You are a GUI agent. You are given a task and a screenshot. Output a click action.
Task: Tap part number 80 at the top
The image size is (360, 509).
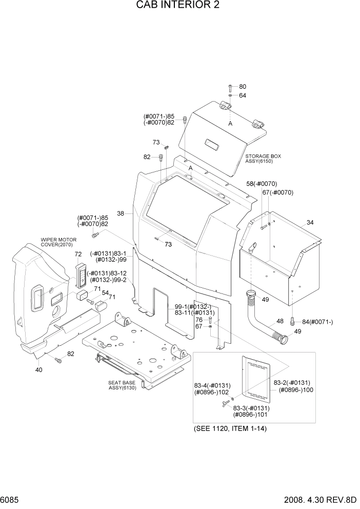coord(243,87)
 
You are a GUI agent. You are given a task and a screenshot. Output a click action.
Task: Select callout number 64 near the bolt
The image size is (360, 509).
coord(243,95)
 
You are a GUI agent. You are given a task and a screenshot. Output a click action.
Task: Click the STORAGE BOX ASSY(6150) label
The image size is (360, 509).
coord(263,159)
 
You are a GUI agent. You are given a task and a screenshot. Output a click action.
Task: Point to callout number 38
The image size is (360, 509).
coord(121,213)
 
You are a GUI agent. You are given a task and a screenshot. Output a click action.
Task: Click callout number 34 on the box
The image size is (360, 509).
coord(310,222)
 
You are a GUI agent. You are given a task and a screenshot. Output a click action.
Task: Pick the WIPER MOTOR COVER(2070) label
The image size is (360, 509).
coord(58,242)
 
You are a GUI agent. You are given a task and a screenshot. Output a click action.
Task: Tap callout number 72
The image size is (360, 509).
coord(78,254)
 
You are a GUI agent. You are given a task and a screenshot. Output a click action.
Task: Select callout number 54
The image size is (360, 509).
coord(105,293)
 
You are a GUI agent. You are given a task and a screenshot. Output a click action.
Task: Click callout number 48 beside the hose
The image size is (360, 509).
coord(280,321)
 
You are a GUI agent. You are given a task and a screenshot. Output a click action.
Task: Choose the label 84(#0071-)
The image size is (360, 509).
coord(317,322)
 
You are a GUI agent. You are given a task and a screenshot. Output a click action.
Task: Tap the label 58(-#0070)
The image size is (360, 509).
coord(262,183)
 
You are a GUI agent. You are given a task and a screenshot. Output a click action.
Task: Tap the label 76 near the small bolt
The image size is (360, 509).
coord(198,320)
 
